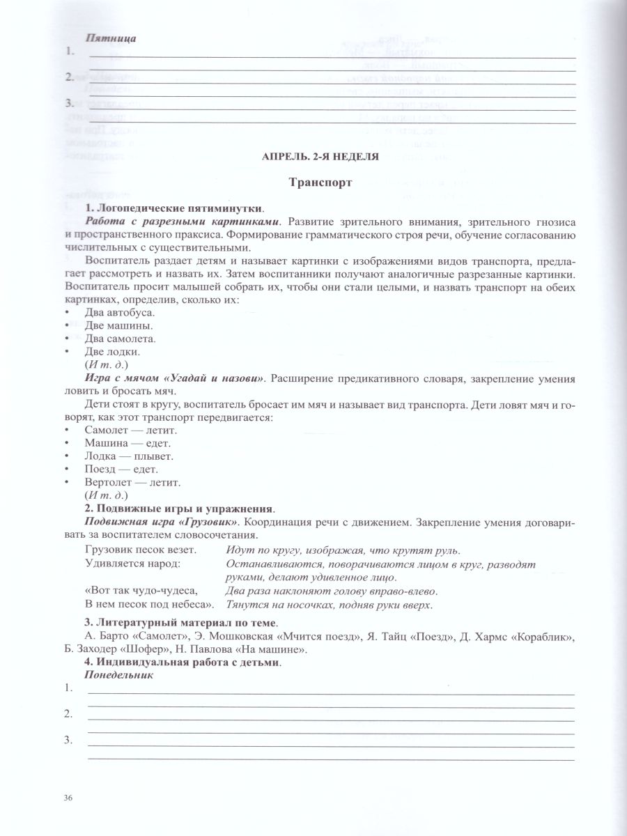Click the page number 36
(68, 798)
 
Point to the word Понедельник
(118, 675)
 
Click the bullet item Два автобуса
(119, 313)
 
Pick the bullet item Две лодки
(112, 351)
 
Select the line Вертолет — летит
(132, 482)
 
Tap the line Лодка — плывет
(129, 456)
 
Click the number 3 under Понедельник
(68, 741)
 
